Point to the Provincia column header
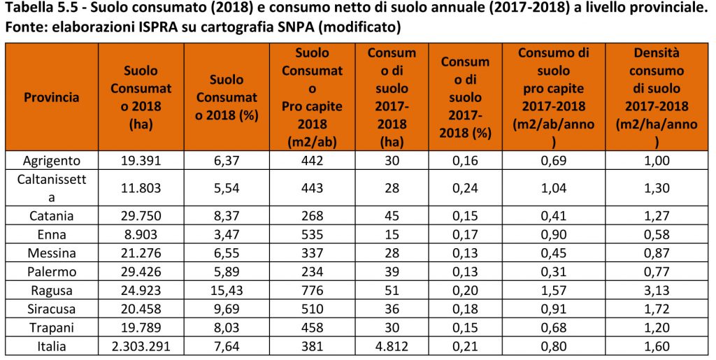52,97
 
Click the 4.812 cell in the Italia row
392,346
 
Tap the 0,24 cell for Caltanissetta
465,187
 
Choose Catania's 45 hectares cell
392,215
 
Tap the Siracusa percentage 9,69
227,308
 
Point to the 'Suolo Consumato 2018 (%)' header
227,97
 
